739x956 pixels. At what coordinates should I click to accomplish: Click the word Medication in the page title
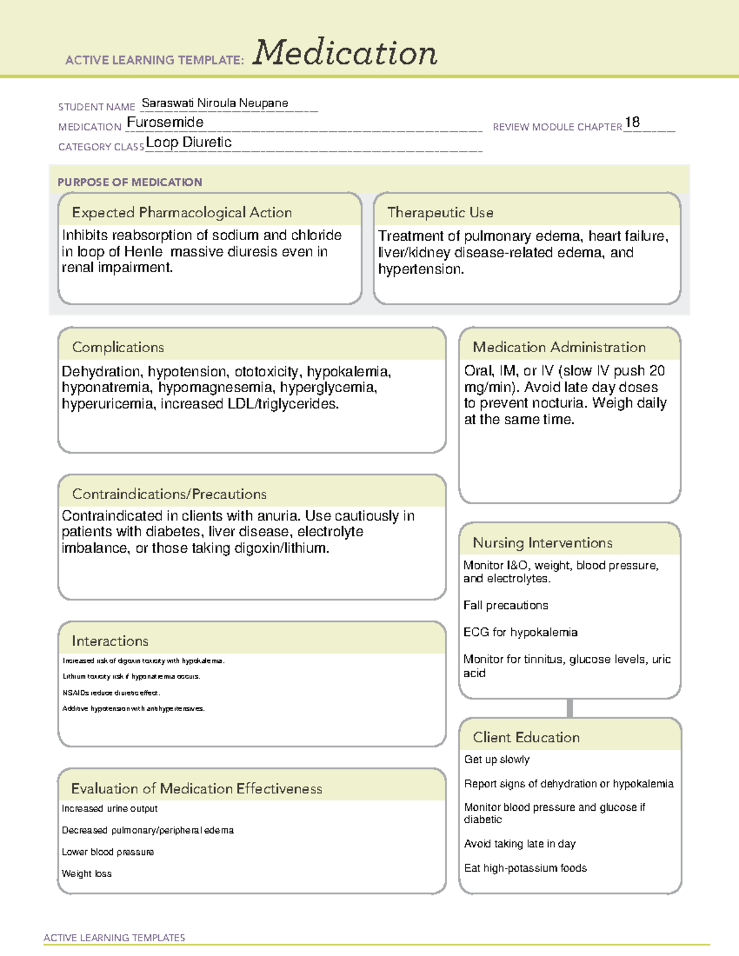pyautogui.click(x=345, y=53)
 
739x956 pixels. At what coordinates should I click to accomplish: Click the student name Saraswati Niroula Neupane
pyautogui.click(x=214, y=103)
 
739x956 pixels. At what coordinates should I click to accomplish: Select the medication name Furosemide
pyautogui.click(x=165, y=123)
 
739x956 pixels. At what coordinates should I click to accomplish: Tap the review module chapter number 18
pyautogui.click(x=632, y=123)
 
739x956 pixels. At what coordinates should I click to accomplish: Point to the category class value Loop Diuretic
pyautogui.click(x=188, y=142)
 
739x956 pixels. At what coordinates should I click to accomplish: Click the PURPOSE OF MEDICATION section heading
pyautogui.click(x=129, y=182)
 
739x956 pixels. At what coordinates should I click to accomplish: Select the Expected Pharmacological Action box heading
pyautogui.click(x=182, y=212)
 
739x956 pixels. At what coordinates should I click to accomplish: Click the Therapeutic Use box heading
pyautogui.click(x=440, y=212)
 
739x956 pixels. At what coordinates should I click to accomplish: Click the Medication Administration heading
pyautogui.click(x=559, y=347)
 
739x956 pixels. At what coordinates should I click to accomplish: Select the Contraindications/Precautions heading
pyautogui.click(x=169, y=494)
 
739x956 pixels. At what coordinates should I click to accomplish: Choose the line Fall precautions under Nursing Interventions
pyautogui.click(x=506, y=605)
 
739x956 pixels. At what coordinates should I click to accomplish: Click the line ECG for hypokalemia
pyautogui.click(x=520, y=632)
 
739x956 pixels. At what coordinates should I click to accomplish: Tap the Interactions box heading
pyautogui.click(x=110, y=641)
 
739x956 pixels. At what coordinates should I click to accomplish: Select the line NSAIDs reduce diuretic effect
pyautogui.click(x=111, y=693)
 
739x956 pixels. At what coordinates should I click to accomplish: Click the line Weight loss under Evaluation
pyautogui.click(x=87, y=874)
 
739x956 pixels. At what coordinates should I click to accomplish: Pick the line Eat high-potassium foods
pyautogui.click(x=525, y=868)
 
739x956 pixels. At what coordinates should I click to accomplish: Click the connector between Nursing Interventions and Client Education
pyautogui.click(x=570, y=708)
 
